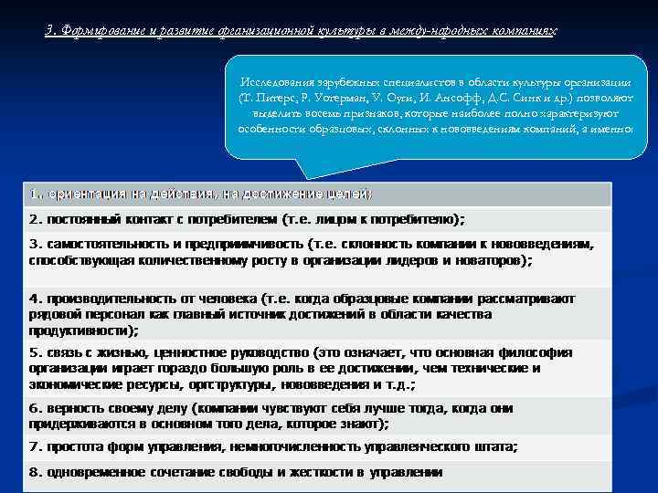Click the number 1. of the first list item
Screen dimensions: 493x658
pyautogui.click(x=36, y=194)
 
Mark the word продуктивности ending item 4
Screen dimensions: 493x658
pyautogui.click(x=81, y=330)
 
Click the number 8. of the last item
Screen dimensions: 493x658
pyautogui.click(x=36, y=472)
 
